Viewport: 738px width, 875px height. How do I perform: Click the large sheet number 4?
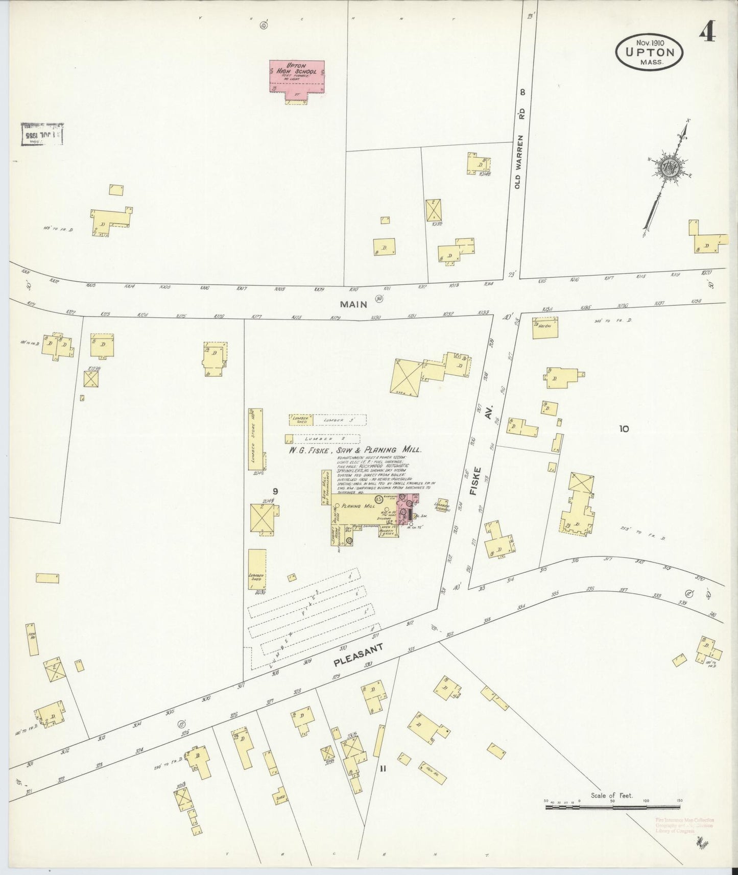pos(707,34)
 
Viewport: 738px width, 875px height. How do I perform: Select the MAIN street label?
pos(354,304)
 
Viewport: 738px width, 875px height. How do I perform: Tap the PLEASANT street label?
pos(358,655)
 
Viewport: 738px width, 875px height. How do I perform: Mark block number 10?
pos(624,429)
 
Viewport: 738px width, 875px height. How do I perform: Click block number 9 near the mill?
pos(275,491)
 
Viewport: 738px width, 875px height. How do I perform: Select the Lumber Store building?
pos(255,439)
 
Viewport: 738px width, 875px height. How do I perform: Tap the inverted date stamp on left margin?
pos(42,134)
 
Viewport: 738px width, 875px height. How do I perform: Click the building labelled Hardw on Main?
pos(544,328)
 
